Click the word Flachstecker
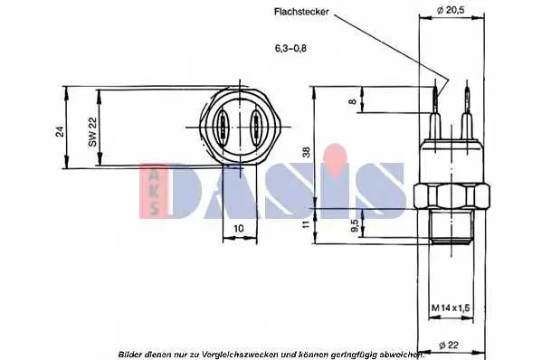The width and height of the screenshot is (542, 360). pyautogui.click(x=301, y=12)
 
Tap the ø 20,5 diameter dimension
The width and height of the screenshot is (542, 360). pyautogui.click(x=451, y=10)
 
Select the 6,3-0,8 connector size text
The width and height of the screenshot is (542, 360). pyautogui.click(x=290, y=48)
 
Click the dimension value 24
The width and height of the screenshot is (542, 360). pyautogui.click(x=60, y=131)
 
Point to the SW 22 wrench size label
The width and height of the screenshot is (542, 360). pyautogui.click(x=93, y=132)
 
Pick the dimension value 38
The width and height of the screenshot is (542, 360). pyautogui.click(x=307, y=152)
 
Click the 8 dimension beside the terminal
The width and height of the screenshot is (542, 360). pyautogui.click(x=352, y=101)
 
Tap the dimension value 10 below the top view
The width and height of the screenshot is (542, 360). pyautogui.click(x=239, y=228)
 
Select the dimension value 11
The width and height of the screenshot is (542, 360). pyautogui.click(x=306, y=224)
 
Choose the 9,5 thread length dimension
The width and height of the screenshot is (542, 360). pyautogui.click(x=355, y=225)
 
